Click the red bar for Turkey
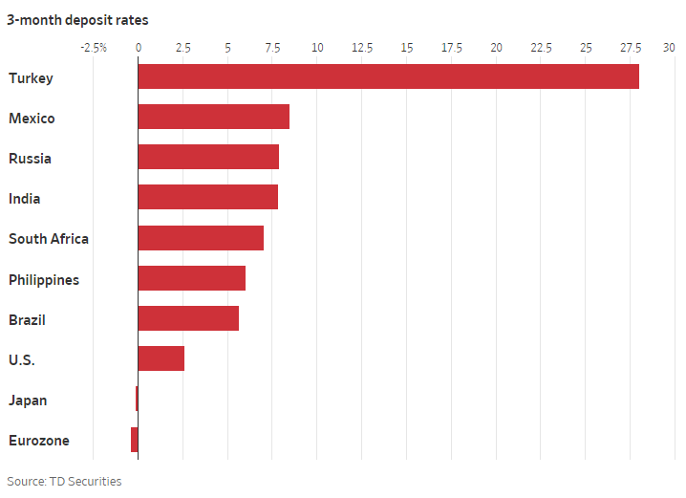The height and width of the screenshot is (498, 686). coord(388,76)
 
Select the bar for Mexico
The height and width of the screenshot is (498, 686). coord(213,117)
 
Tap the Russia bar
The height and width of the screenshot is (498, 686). coord(208,157)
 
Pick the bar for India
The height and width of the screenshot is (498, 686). coord(207,197)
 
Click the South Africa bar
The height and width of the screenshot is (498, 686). coord(201,238)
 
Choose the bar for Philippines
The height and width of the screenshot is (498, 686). coord(191,278)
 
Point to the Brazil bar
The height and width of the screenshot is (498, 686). coord(188,318)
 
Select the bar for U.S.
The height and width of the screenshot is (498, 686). coord(161,358)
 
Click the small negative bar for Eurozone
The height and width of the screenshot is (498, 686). coord(135,440)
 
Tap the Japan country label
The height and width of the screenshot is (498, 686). coord(28,401)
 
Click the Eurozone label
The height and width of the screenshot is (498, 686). coord(39,441)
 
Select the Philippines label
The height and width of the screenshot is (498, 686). coord(44,280)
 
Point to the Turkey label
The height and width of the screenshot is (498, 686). coord(31,78)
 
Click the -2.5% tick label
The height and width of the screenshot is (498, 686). coord(94,47)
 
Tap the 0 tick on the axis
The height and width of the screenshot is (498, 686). coord(139,47)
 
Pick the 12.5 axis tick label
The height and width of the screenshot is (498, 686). coord(362,47)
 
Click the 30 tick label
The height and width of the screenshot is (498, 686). coord(669,47)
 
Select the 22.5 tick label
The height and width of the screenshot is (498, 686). coord(541,47)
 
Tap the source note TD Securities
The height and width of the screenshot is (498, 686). coord(64,482)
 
